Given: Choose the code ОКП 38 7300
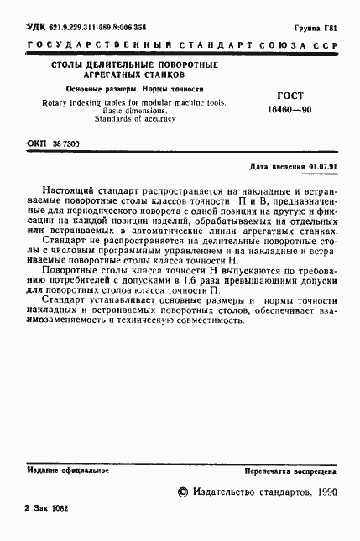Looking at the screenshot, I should [x=54, y=144].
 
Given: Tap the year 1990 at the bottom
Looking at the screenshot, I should [x=323, y=492].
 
